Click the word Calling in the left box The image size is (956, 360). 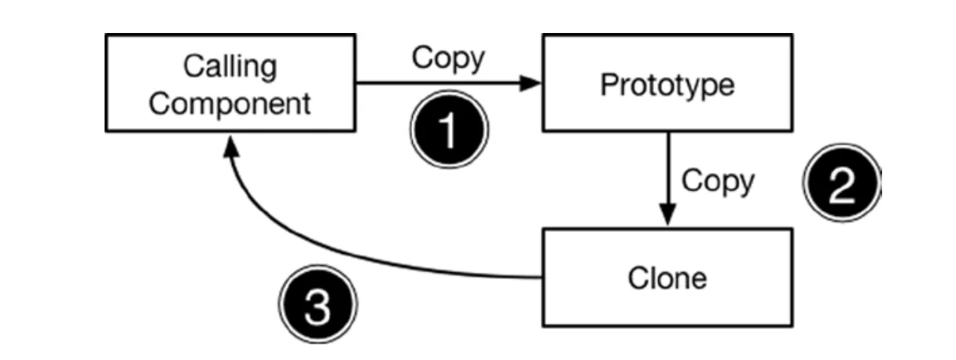tap(230, 66)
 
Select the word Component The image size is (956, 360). tap(230, 103)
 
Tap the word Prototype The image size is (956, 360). tap(667, 85)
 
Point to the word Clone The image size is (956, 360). tap(667, 277)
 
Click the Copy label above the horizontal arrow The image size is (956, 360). tap(448, 59)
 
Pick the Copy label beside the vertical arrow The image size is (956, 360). tap(717, 181)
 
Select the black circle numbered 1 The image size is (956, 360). tap(449, 130)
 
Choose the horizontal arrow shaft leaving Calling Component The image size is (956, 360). tap(440, 83)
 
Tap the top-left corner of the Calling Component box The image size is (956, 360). tap(106, 35)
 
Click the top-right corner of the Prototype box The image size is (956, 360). tap(792, 35)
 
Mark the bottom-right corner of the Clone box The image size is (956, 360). tap(792, 325)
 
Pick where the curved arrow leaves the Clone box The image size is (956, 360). tap(542, 277)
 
